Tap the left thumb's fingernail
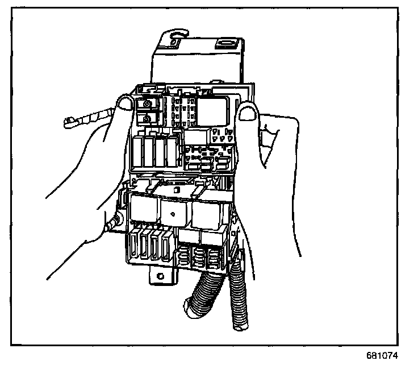(x=124, y=103)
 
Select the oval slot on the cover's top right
(x=227, y=43)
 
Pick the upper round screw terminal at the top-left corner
(x=147, y=105)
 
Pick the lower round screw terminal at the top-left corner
(x=147, y=118)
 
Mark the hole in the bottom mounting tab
(x=161, y=277)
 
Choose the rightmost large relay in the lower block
(x=207, y=213)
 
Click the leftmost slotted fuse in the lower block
(x=135, y=245)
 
